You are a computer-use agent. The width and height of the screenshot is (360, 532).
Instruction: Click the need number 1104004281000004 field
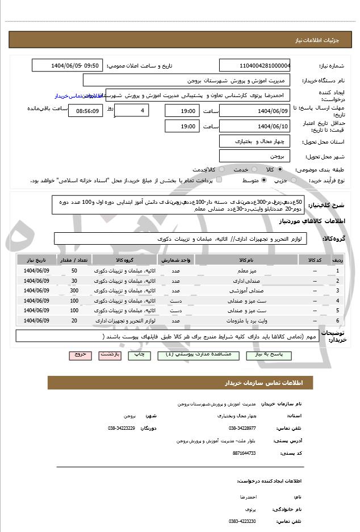(x=254, y=66)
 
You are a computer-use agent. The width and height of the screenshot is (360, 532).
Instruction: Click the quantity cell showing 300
(x=74, y=291)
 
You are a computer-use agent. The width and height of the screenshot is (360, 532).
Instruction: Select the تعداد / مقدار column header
(x=74, y=259)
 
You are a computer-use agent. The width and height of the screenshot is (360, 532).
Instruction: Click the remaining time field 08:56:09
(x=85, y=111)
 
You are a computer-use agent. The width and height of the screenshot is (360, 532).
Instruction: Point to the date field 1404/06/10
(x=254, y=126)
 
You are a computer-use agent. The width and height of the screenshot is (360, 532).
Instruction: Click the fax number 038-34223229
(x=122, y=428)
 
